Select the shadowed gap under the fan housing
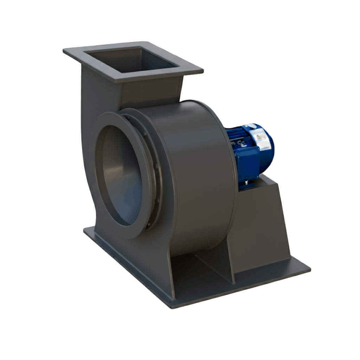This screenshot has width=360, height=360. pos(197,267)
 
